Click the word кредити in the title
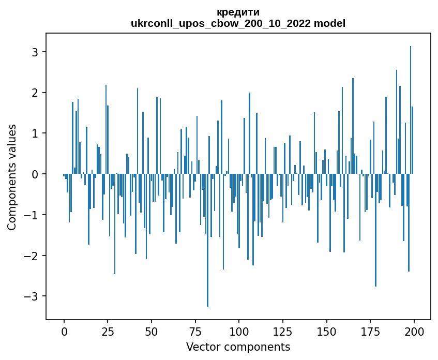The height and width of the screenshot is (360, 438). coord(238,12)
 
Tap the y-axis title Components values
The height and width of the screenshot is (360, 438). coord(12,177)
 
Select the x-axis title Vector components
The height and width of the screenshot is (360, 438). coord(238,347)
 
